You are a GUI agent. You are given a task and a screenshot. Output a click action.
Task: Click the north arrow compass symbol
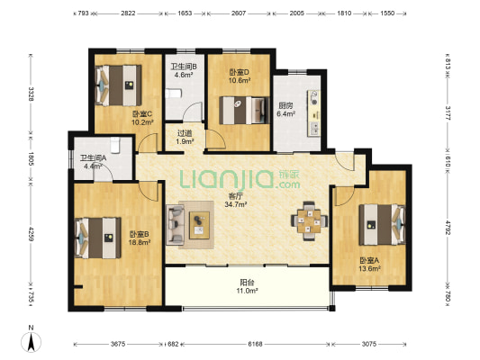pyautogui.click(x=31, y=342)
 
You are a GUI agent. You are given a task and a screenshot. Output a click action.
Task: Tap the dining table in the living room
pyautogui.click(x=309, y=220)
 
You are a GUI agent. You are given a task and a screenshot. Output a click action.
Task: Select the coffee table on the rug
pyautogui.click(x=199, y=225)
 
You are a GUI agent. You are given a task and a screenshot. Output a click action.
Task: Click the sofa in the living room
pyautogui.click(x=175, y=225)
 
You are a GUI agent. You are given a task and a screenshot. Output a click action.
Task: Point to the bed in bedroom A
pyautogui.click(x=383, y=225)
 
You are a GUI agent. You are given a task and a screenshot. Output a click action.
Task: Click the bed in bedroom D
pyautogui.click(x=244, y=111)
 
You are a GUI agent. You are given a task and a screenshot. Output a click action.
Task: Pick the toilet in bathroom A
pyautogui.click(x=114, y=145)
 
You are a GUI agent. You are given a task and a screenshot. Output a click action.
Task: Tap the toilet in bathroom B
pyautogui.click(x=174, y=94)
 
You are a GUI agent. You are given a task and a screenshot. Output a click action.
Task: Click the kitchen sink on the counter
pyautogui.click(x=314, y=98)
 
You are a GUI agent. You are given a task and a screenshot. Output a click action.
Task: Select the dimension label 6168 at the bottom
pyautogui.click(x=255, y=344)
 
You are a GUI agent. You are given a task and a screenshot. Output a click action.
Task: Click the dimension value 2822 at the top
pyautogui.click(x=128, y=13)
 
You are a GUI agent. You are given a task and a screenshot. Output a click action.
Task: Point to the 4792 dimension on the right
pyautogui.click(x=448, y=228)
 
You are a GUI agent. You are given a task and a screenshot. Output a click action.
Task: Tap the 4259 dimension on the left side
pyautogui.click(x=31, y=234)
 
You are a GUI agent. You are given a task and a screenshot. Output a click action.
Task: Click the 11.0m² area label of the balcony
pyautogui.click(x=247, y=291)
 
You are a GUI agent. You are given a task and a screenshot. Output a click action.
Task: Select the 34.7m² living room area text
pyautogui.click(x=236, y=204)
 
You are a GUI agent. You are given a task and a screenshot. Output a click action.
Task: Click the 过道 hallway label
pyautogui.click(x=185, y=133)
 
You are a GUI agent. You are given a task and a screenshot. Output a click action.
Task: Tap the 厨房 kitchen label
pyautogui.click(x=285, y=106)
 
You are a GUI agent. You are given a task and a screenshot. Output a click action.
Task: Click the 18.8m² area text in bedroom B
pyautogui.click(x=140, y=242)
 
